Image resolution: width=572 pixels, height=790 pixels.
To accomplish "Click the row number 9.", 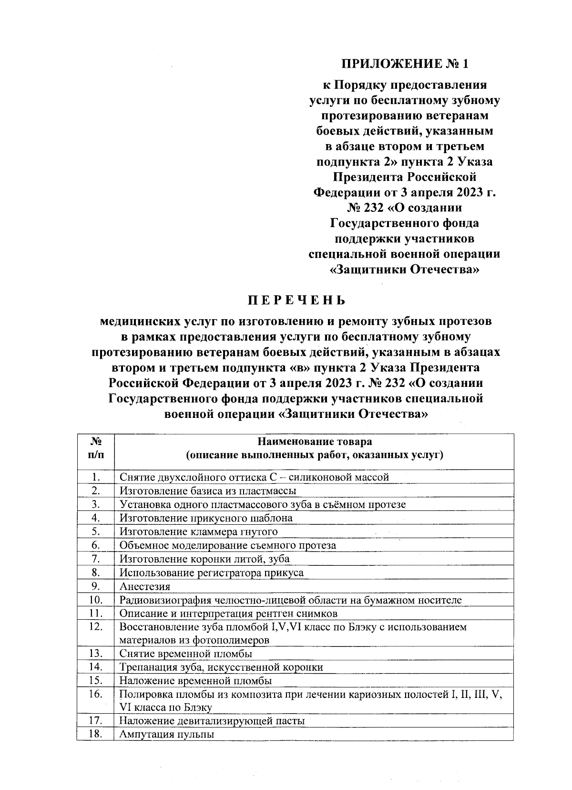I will coord(96,586).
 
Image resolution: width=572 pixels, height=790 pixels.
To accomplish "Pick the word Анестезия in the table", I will coord(145,586).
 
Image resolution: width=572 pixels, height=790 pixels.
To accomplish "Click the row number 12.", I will coord(96,626).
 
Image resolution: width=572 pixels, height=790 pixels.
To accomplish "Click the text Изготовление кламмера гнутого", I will coord(198,531).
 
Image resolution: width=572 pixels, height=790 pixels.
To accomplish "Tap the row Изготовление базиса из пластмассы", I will coord(208,490).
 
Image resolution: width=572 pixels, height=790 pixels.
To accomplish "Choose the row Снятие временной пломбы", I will coord(186,654).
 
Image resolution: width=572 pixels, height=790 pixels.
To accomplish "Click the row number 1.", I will coord(96,477).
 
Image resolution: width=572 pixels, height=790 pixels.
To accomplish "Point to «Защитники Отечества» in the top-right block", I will coord(405,270).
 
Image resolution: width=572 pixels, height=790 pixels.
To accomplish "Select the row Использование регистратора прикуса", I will coord(212,572).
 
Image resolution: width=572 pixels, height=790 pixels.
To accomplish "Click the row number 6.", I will coord(96,545).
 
